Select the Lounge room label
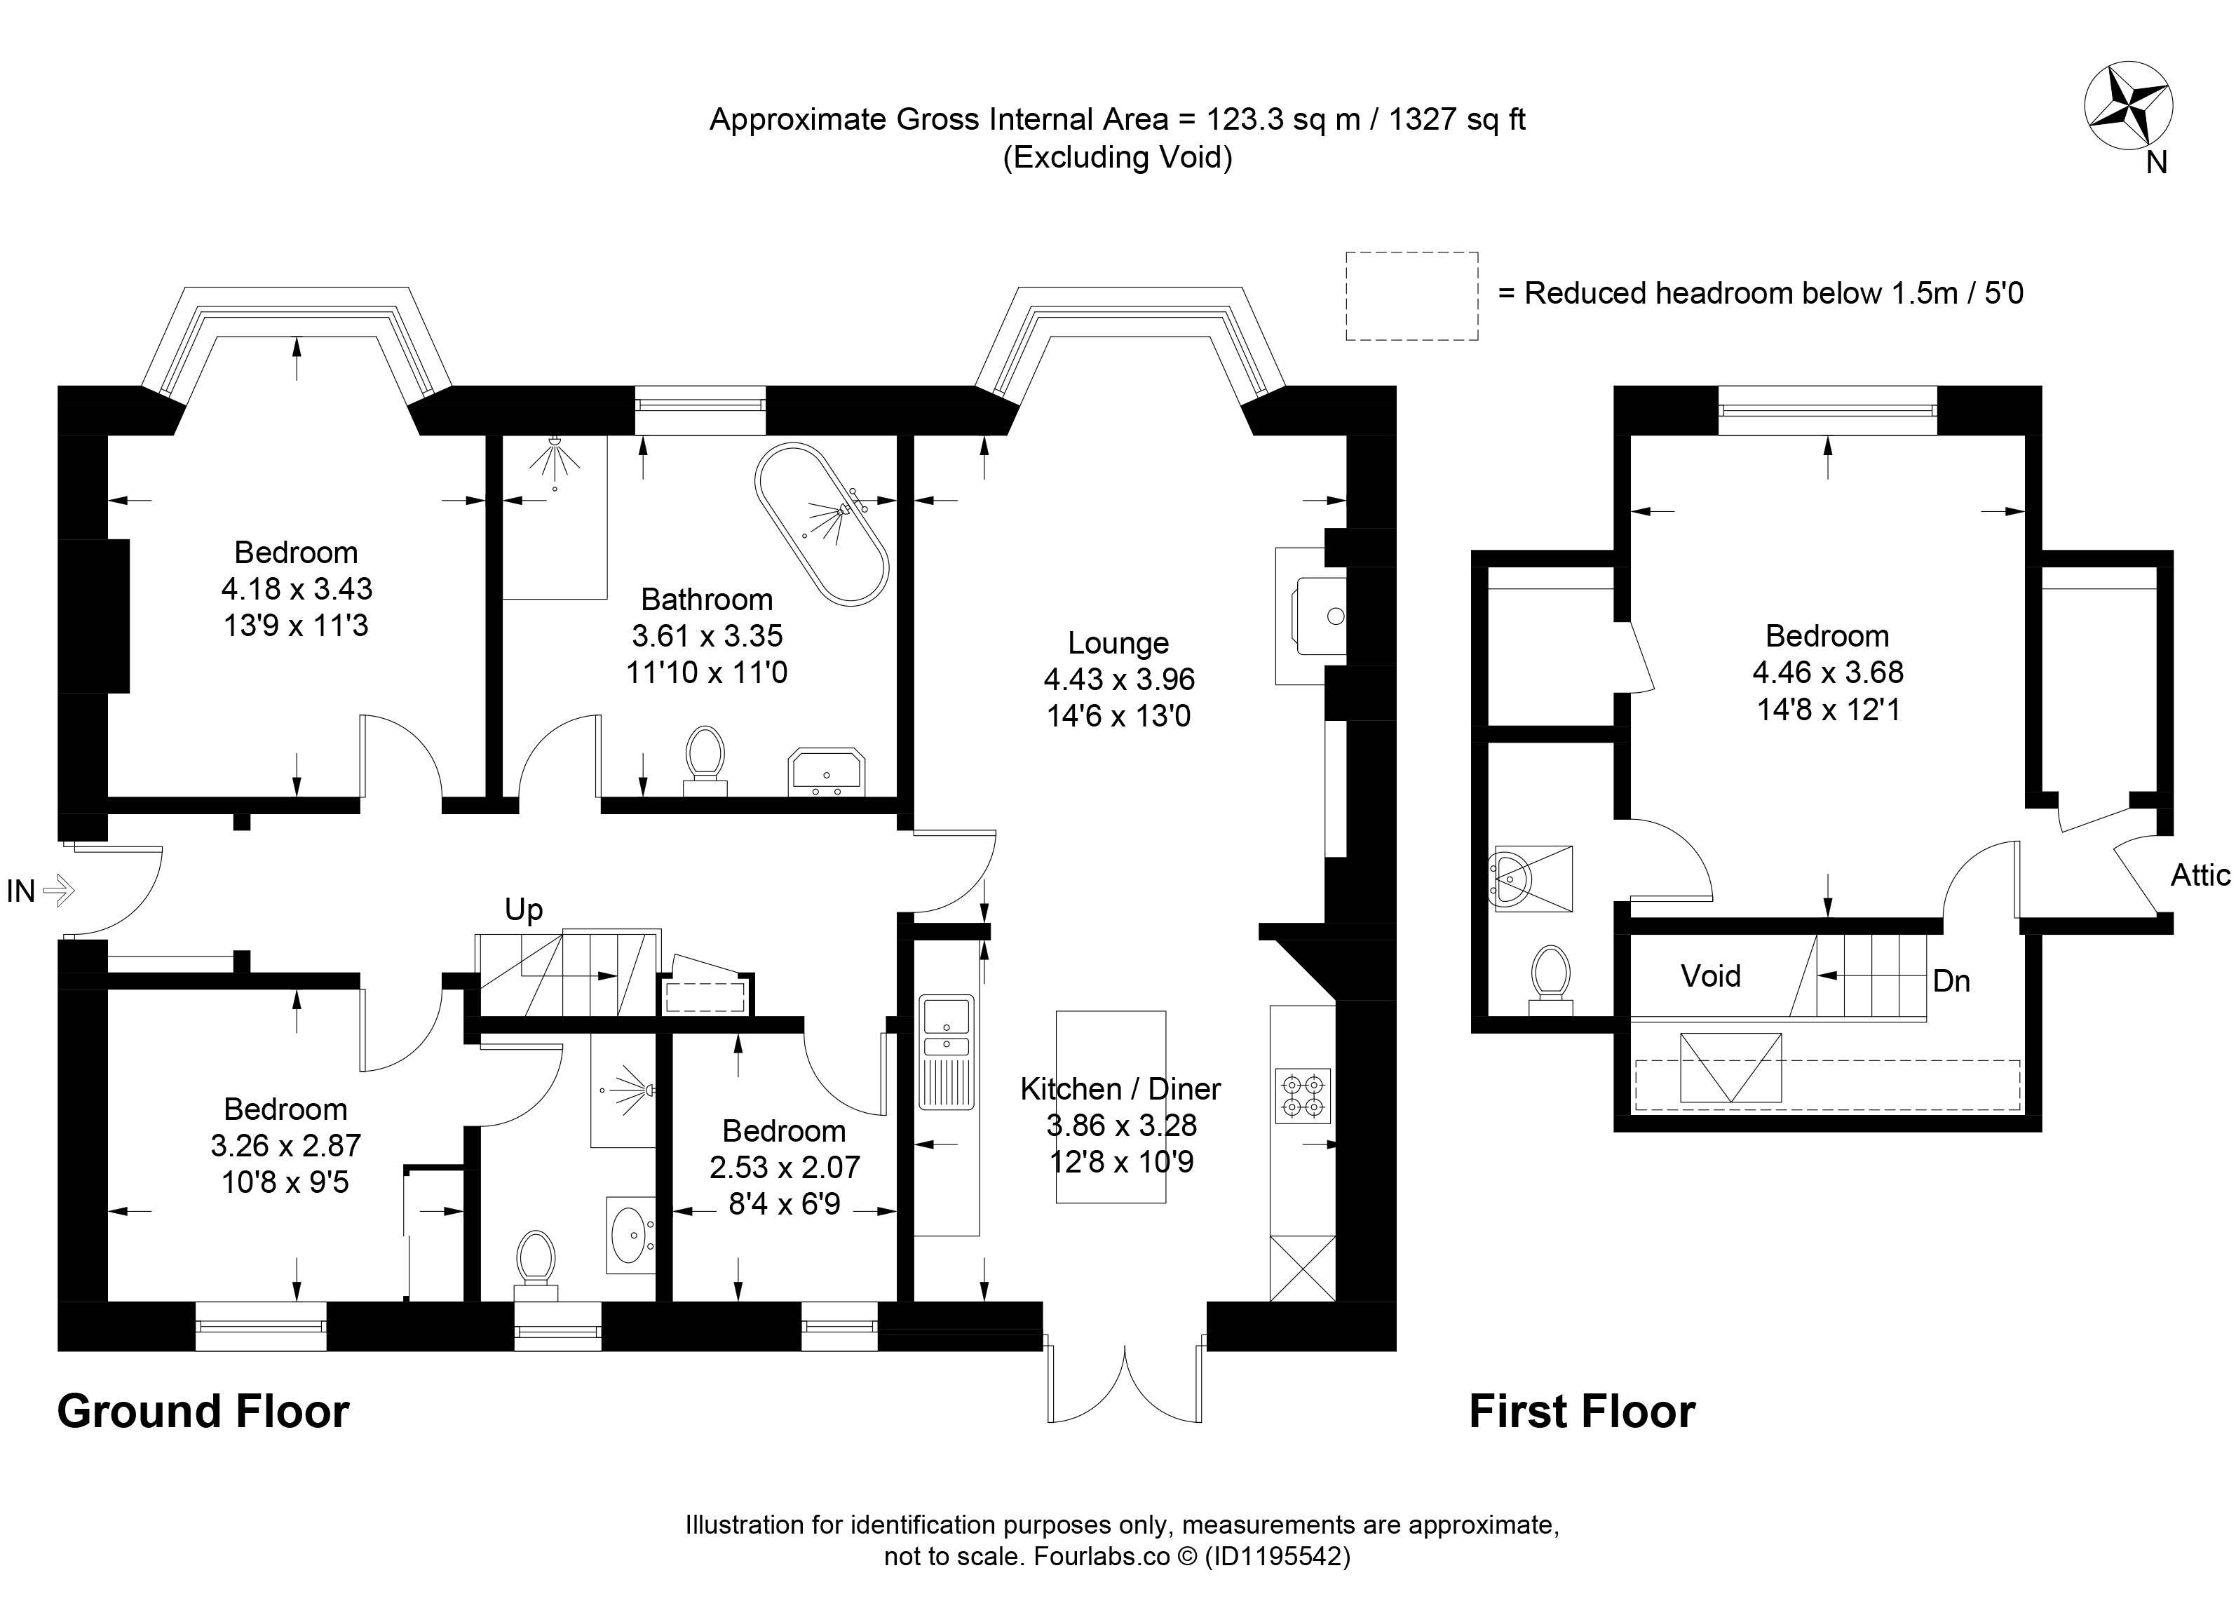[1118, 643]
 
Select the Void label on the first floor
[1711, 976]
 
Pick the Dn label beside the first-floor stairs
[1951, 981]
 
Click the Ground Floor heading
[203, 1412]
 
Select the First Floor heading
[1583, 1412]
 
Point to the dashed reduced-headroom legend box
[1412, 296]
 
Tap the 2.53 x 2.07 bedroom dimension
[785, 1168]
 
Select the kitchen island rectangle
[1111, 1107]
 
